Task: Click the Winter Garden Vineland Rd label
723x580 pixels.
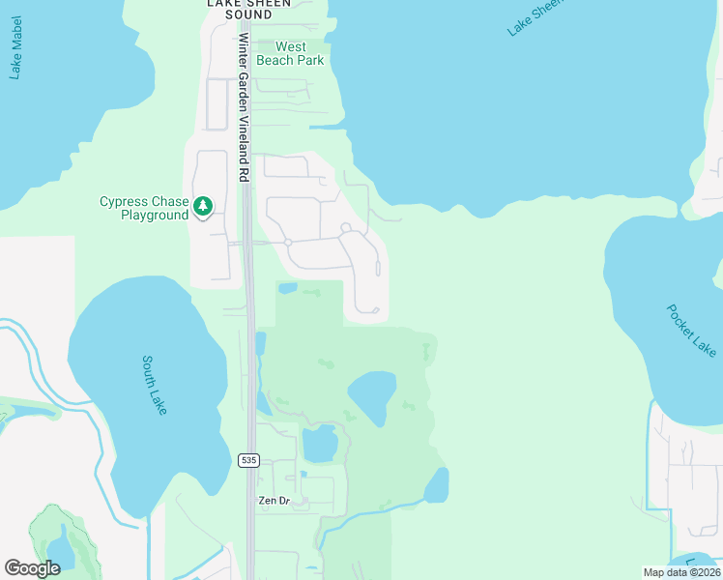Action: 244,106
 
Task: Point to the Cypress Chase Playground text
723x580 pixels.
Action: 143,209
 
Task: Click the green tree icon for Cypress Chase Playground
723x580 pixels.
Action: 203,206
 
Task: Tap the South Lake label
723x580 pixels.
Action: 155,385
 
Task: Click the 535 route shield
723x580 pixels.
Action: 249,461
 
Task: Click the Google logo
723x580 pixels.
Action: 33,568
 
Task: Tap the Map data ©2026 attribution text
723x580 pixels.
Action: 681,572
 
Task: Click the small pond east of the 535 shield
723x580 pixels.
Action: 320,444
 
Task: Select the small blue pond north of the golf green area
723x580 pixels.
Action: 287,288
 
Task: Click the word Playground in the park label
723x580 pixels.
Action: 155,216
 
